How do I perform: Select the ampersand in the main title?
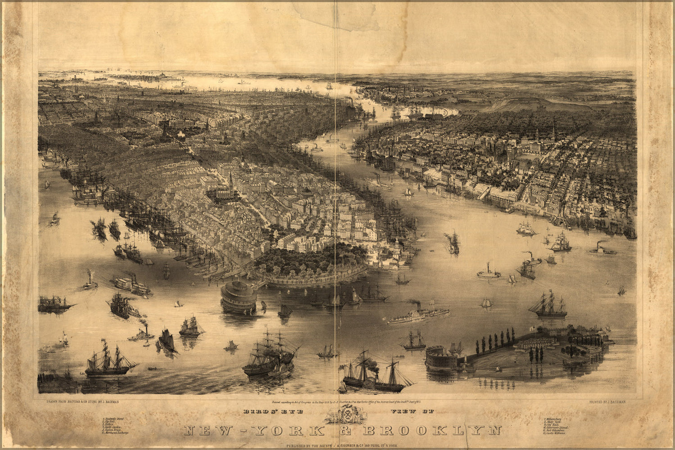(346, 431)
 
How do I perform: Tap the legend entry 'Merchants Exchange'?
(116, 433)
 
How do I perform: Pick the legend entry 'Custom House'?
(113, 430)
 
